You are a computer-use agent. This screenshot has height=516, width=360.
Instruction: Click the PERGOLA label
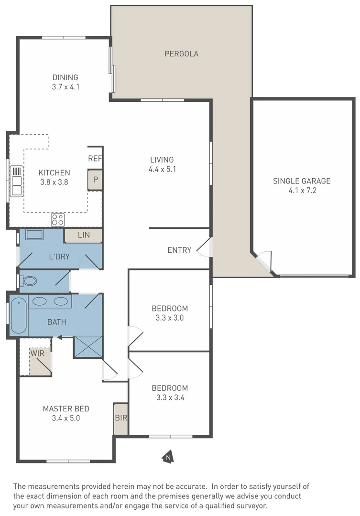tap(182, 54)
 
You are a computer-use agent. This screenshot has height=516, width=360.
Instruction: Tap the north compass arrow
tap(168, 457)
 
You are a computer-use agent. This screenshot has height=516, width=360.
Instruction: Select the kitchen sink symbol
tap(16, 181)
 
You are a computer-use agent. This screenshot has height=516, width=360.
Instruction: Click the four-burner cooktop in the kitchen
tap(58, 219)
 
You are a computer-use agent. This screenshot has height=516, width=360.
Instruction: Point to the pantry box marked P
tap(95, 180)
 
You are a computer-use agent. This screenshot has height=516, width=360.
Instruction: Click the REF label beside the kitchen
tap(95, 159)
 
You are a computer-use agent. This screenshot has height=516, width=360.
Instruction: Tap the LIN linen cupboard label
tap(84, 235)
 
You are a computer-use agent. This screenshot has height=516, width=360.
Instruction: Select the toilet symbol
tap(28, 281)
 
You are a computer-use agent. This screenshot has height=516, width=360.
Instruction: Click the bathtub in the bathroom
tap(19, 316)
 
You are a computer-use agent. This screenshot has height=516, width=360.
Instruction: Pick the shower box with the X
tap(88, 346)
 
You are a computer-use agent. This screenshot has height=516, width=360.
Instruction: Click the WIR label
tap(37, 353)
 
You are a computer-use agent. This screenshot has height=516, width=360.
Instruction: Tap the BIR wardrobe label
tap(121, 418)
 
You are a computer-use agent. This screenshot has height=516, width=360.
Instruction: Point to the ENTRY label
tap(179, 250)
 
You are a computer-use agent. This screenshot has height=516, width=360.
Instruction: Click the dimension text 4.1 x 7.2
tap(302, 190)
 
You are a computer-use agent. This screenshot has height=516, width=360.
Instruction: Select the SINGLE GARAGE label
tap(302, 181)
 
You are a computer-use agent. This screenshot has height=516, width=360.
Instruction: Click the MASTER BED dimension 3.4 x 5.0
tap(66, 418)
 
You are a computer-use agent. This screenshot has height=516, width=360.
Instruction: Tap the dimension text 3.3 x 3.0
tap(170, 318)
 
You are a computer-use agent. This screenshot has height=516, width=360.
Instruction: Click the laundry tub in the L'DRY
tap(34, 235)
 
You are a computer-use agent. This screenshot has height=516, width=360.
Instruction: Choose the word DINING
tap(65, 77)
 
